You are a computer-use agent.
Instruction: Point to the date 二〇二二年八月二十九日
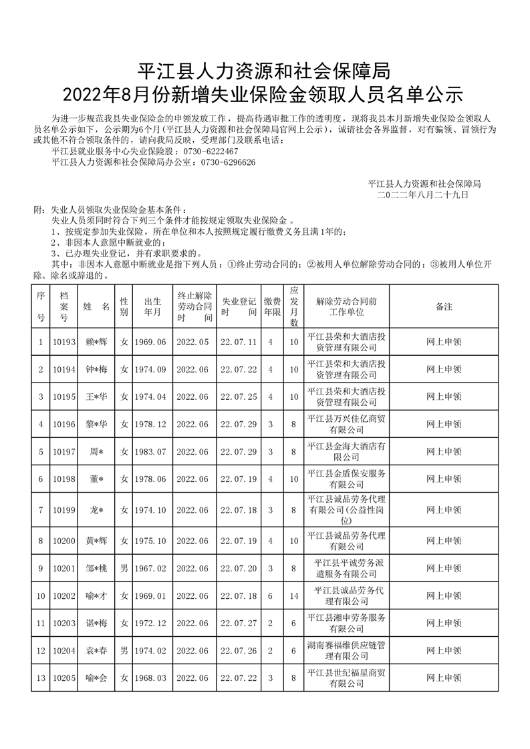423,194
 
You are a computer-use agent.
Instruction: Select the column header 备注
444,306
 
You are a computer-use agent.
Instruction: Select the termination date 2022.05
193,342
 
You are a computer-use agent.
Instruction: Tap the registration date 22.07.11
239,342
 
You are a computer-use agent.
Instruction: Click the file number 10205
63,678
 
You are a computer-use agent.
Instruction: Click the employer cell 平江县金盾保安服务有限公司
346,479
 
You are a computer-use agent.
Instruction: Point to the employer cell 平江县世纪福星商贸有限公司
346,678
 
